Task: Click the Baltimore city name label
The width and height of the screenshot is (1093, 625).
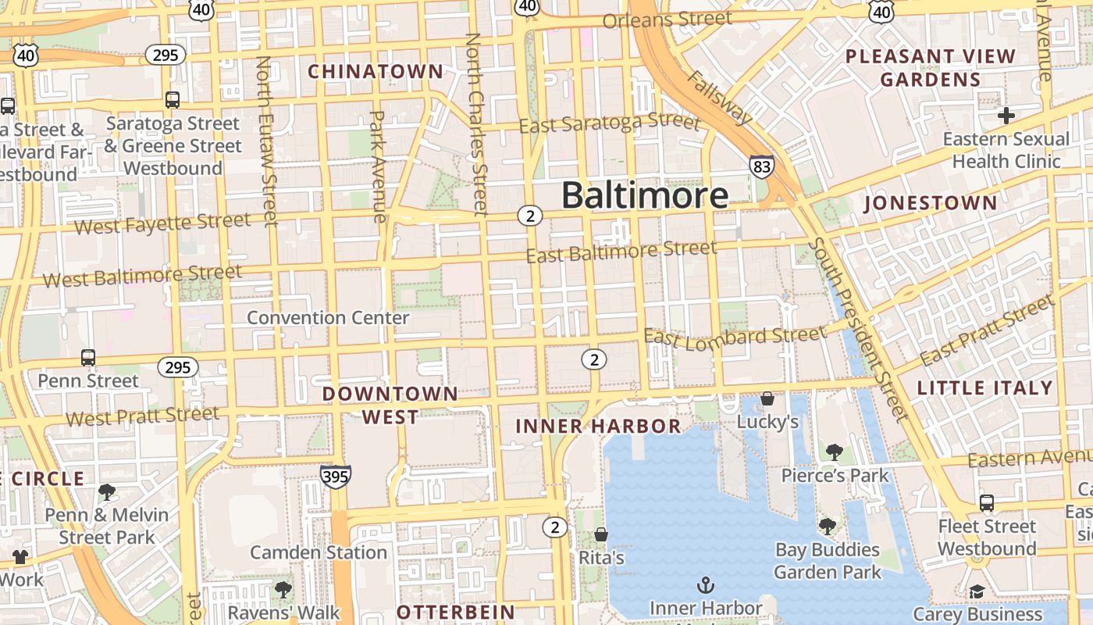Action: pos(645,195)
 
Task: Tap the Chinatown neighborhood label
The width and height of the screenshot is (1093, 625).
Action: pos(376,72)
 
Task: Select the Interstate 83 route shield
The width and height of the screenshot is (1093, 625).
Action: pos(762,166)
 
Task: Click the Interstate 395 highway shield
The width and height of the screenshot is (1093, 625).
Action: pos(335,477)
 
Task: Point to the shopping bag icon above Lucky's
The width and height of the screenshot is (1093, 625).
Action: pos(767,398)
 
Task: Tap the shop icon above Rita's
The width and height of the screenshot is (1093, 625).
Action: pos(601,534)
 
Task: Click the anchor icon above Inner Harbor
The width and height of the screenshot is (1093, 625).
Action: pos(706,584)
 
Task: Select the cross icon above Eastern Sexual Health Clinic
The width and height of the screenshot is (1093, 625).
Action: pos(1006,116)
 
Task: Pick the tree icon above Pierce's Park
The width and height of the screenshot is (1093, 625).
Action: pos(835,452)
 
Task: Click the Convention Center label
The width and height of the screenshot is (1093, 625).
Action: pos(328,318)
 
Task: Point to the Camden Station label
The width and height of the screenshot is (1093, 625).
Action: pos(319,552)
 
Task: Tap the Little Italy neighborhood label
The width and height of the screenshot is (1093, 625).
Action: pos(985,388)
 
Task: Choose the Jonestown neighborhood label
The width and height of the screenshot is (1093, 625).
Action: pos(931,204)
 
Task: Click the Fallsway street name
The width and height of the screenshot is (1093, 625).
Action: pos(719,97)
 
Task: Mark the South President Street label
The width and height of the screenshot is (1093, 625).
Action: pos(858,329)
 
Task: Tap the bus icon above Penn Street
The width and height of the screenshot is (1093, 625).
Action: pos(88,358)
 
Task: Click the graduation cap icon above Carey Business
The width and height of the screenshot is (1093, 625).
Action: pos(976,591)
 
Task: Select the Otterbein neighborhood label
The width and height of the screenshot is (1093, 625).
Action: pos(456,612)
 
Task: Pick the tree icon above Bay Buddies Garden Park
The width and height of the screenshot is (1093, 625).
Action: pos(828,527)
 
